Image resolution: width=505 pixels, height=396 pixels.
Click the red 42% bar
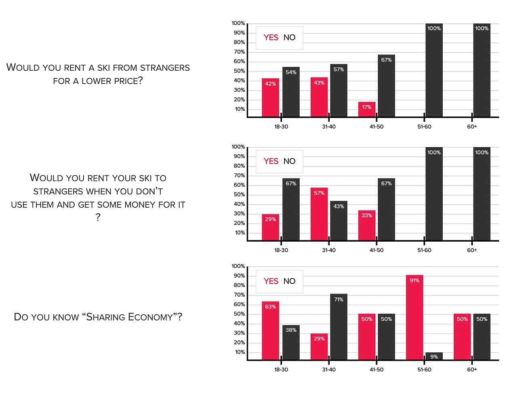(x=270, y=98)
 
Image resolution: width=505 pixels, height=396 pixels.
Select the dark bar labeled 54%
(x=291, y=92)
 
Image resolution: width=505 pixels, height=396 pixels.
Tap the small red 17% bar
(x=367, y=110)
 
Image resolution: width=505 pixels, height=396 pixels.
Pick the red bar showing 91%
(x=415, y=317)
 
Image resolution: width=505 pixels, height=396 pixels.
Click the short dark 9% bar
(x=434, y=356)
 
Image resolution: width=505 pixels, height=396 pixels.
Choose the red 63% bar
(x=270, y=331)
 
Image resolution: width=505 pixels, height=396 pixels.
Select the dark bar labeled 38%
(x=291, y=342)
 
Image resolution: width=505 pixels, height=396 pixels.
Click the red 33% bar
(x=367, y=225)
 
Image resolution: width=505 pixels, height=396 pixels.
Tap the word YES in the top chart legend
(x=271, y=38)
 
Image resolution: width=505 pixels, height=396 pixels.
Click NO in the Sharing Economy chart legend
(x=289, y=281)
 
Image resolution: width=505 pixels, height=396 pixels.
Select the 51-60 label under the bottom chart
(x=424, y=369)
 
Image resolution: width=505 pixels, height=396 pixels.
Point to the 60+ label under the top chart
(x=472, y=126)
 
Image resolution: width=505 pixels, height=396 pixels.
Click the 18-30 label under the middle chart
(x=281, y=250)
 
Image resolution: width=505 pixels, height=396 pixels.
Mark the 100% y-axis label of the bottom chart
(x=238, y=266)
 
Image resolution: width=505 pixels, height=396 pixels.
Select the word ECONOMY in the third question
(x=155, y=317)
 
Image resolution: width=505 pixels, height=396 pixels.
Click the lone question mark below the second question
(x=98, y=218)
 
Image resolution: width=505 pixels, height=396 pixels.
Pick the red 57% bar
(x=319, y=214)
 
